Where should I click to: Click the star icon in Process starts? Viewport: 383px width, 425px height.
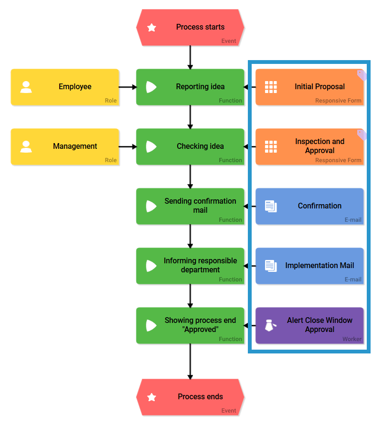(152, 28)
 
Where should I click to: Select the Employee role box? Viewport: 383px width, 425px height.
(65, 87)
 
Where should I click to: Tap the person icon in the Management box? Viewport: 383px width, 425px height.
(26, 146)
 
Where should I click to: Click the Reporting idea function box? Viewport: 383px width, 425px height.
(190, 87)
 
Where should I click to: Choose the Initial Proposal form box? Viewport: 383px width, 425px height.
(309, 87)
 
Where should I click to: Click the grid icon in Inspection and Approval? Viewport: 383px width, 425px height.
(271, 146)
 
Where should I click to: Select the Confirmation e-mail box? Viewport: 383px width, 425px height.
(309, 206)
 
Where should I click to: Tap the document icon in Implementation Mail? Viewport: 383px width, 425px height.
(271, 266)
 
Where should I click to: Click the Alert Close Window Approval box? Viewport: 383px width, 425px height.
(309, 325)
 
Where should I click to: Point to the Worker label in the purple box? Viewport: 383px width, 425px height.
(351, 339)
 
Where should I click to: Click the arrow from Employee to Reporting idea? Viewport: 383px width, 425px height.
(128, 87)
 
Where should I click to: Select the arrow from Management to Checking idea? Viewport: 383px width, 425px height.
(128, 146)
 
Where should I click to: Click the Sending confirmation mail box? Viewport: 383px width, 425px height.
(190, 206)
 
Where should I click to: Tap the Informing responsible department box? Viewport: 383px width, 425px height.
(190, 266)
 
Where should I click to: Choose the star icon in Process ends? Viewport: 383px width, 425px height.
(152, 397)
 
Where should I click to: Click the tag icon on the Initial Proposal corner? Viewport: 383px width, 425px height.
(362, 75)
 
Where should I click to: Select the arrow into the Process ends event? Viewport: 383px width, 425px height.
(190, 361)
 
